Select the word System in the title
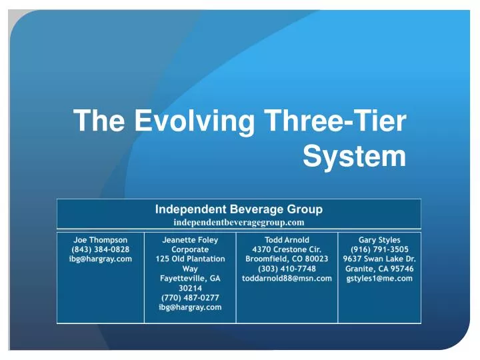354,157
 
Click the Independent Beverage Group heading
239,209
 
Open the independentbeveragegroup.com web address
239,221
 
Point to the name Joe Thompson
100,239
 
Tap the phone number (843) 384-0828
100,249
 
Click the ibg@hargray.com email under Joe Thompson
100,259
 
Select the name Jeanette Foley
190,239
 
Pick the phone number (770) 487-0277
190,297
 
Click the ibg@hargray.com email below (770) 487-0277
190,307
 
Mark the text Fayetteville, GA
190,278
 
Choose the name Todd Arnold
287,239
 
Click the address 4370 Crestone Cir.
287,249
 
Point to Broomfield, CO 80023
287,259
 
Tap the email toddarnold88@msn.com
287,278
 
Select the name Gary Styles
379,239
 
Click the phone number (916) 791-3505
379,249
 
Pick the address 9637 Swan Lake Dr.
379,259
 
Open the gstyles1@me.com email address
379,278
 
